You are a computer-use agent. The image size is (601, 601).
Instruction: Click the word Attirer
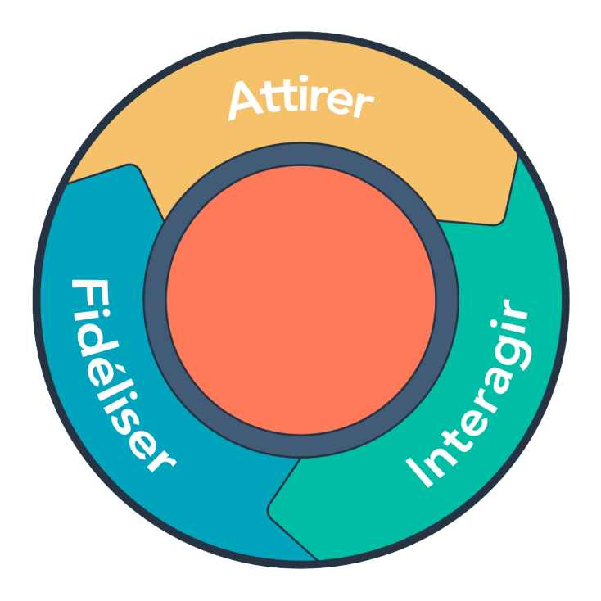(x=300, y=99)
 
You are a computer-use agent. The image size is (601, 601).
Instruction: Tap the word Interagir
(x=471, y=398)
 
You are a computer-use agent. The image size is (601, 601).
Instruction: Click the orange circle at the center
(x=300, y=300)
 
